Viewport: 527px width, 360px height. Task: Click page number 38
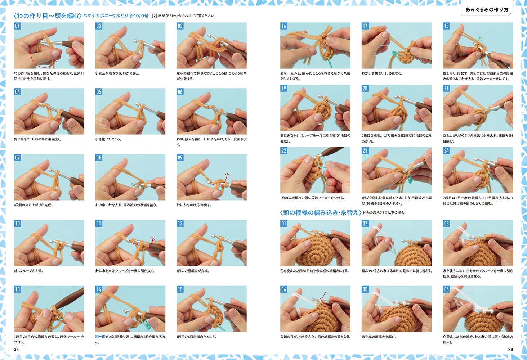16,350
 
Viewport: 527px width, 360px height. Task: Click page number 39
510,350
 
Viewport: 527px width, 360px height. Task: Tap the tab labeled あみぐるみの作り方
487,10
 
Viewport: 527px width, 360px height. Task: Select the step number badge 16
284,26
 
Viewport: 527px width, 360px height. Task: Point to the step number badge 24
446,150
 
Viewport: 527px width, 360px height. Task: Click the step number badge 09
180,158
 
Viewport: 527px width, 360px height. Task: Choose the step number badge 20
365,88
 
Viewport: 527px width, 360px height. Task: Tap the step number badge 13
17,289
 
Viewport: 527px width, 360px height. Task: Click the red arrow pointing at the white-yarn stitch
323,296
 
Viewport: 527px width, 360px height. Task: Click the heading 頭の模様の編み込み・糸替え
321,212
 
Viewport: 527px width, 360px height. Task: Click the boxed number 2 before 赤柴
155,16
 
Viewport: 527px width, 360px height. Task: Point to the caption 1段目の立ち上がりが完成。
34,205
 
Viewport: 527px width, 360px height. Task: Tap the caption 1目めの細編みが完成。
193,271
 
